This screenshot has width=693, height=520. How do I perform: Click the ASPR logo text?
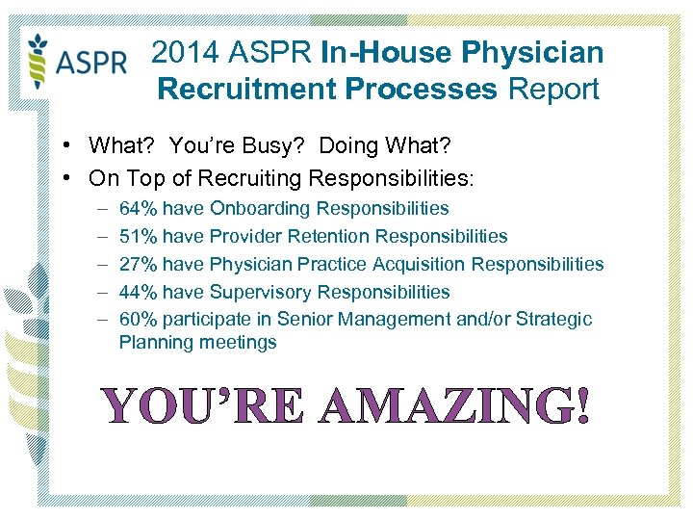click(x=92, y=64)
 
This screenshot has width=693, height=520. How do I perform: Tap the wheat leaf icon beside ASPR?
click(x=38, y=60)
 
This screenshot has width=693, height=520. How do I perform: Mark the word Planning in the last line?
click(x=156, y=342)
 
